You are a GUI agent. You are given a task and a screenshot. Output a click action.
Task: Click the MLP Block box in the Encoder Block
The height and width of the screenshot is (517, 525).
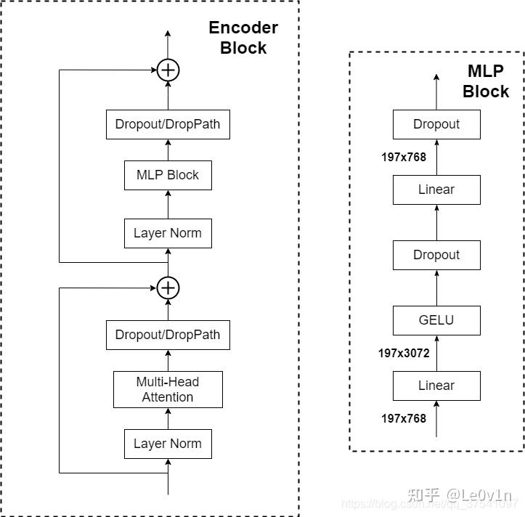tap(168, 175)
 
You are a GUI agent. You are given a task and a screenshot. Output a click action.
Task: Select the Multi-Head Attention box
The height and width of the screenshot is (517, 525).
tap(168, 389)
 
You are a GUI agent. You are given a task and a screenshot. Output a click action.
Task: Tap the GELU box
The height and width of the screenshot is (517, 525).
tap(436, 320)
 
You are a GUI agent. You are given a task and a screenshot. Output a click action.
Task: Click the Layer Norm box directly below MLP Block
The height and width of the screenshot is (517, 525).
tap(168, 233)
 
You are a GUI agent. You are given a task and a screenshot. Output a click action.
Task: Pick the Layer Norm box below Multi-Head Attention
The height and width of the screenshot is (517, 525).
tap(168, 444)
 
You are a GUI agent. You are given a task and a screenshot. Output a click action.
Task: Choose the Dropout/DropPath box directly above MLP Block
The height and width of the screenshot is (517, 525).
tap(168, 124)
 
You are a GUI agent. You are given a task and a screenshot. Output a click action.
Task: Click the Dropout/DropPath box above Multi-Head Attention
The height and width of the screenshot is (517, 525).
tap(168, 335)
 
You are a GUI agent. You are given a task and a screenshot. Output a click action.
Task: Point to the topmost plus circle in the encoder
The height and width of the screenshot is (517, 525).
tap(168, 70)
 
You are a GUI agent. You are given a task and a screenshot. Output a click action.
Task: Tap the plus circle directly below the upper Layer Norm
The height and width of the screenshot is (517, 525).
tap(168, 288)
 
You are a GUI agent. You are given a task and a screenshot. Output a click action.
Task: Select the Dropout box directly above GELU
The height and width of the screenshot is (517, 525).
tap(436, 255)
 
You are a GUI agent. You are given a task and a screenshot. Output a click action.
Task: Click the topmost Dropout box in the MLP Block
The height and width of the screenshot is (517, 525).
tap(436, 124)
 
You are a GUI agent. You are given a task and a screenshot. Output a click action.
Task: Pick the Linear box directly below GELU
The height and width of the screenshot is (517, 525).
tap(436, 386)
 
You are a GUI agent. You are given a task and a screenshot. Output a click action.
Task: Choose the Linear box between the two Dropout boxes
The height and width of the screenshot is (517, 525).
tap(436, 190)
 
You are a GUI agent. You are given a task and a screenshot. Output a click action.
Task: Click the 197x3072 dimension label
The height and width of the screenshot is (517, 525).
tap(404, 354)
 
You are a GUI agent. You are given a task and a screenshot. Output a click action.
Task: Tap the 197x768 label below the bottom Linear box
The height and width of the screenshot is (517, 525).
tap(404, 418)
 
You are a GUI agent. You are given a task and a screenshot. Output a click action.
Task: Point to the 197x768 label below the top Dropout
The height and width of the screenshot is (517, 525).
tap(404, 157)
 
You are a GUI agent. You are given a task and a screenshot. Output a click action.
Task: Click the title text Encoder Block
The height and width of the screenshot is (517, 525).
tap(243, 38)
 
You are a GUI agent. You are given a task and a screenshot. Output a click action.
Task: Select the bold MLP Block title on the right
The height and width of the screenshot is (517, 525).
tap(486, 81)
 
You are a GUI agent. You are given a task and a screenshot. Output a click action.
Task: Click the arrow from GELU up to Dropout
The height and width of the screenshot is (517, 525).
tap(436, 288)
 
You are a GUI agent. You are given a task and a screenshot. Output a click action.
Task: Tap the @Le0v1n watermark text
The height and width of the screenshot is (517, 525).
tap(479, 495)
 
